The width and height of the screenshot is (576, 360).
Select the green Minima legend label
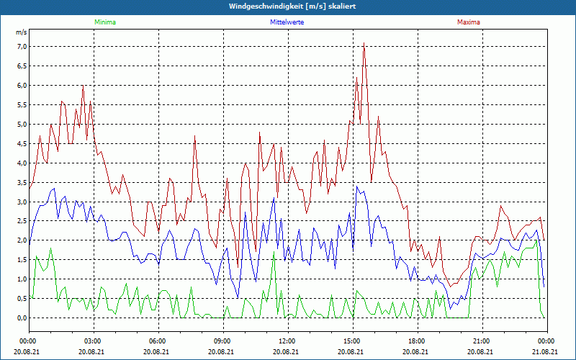point(104,22)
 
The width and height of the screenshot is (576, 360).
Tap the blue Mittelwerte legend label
point(287,22)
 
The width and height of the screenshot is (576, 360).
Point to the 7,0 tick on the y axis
point(21,47)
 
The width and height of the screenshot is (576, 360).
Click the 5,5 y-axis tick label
point(21,105)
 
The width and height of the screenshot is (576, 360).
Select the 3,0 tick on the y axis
point(21,202)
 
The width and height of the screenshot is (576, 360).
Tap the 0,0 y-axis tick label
point(21,318)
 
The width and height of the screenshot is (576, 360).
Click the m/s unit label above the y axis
point(21,33)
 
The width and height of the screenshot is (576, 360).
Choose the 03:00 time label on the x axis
point(93,341)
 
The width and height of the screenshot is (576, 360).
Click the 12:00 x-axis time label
point(287,341)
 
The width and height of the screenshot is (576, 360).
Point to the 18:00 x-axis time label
point(417,341)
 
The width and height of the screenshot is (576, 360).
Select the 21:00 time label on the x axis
point(482,341)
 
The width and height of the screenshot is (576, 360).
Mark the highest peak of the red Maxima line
point(364,44)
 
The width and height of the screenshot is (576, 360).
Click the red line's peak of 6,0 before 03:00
point(83,86)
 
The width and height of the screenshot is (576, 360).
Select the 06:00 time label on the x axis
point(158,341)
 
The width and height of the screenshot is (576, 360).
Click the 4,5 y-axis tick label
point(21,144)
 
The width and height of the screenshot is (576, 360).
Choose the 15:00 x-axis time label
point(352,341)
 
